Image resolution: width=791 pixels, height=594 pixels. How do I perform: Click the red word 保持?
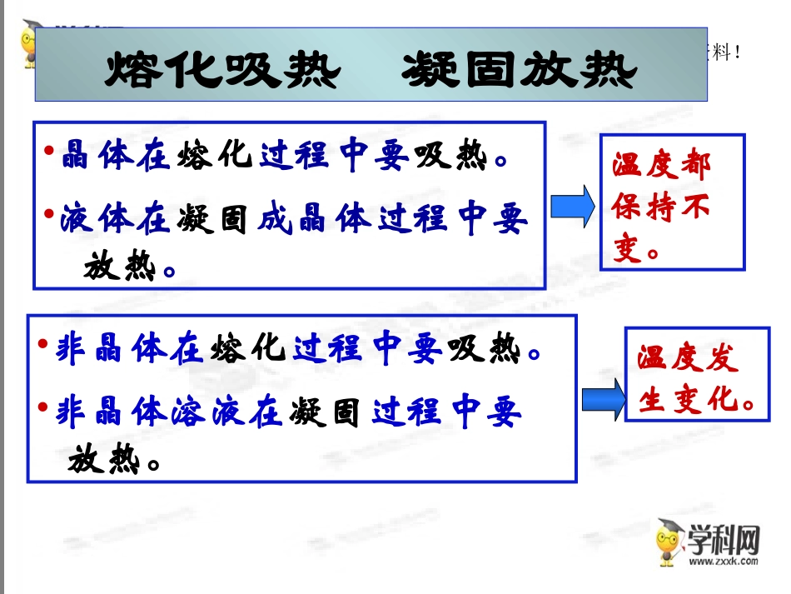point(644,207)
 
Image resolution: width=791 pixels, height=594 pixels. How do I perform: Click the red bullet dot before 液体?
point(49,214)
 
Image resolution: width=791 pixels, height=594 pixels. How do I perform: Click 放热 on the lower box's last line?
point(102,459)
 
